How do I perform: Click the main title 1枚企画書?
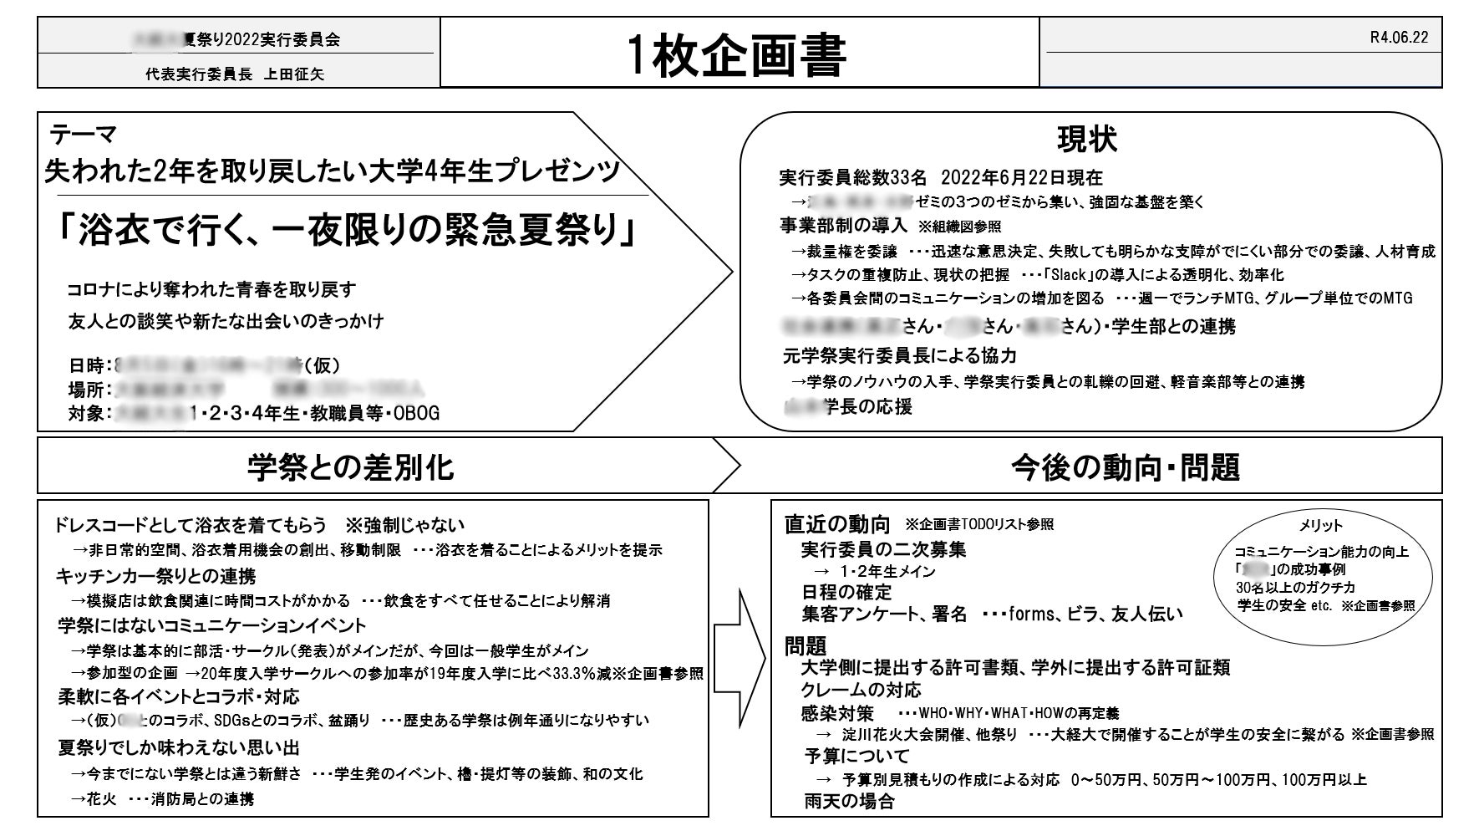pos(738,55)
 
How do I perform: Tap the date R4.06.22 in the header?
pos(1399,38)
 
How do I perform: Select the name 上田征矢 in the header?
pos(294,74)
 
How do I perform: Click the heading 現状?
pos(1086,140)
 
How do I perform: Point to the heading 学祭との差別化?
pos(351,466)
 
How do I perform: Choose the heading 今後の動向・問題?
pos(1126,466)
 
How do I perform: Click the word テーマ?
pos(83,134)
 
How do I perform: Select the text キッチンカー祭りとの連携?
pos(155,576)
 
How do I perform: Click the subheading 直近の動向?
pos(837,524)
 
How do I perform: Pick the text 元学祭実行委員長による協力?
pos(899,356)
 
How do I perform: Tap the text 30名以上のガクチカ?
pos(1295,588)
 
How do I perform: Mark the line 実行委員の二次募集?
pos(883,549)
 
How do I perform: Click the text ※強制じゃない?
pos(404,526)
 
